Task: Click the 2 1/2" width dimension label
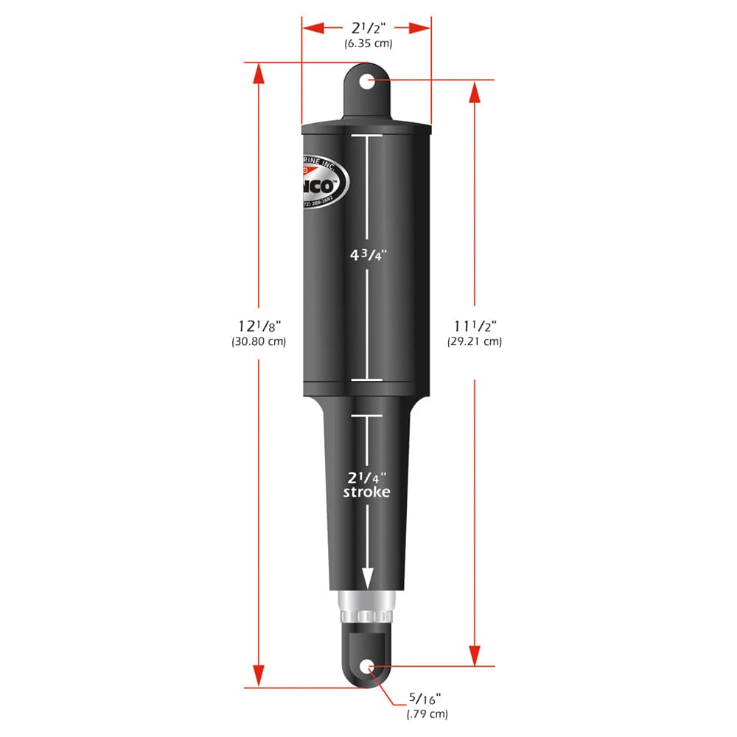point(367,28)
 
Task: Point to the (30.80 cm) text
point(258,342)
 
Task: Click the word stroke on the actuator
point(366,492)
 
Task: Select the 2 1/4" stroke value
point(367,475)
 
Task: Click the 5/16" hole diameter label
point(427,699)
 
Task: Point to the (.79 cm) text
point(427,713)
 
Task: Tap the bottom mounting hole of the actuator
point(367,668)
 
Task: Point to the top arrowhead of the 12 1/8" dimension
point(258,74)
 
